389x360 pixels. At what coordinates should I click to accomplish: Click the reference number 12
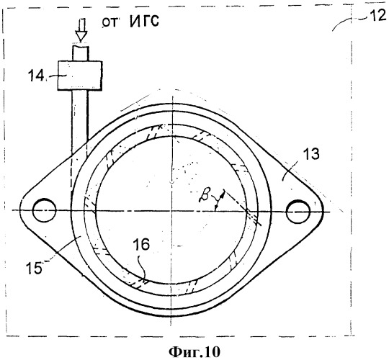(377, 17)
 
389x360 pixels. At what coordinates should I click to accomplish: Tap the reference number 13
(310, 154)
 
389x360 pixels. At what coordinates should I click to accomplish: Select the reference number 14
(36, 75)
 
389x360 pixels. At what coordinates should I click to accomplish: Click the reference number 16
(141, 244)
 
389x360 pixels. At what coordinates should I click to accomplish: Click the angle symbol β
(205, 194)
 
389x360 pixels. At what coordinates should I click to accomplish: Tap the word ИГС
(145, 21)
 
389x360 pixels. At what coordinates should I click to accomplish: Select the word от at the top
(109, 22)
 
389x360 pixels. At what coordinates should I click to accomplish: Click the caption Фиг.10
(194, 351)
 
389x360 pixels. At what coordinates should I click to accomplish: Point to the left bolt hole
(44, 210)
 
